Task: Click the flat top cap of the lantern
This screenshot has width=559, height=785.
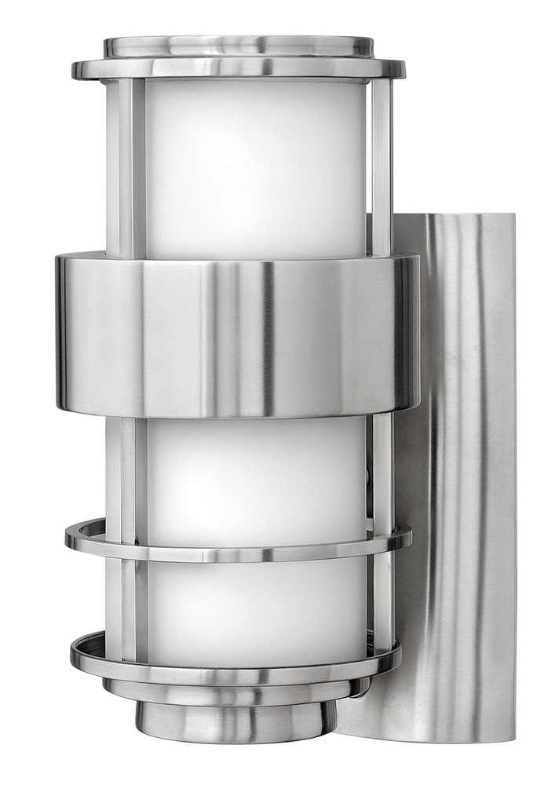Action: pyautogui.click(x=239, y=45)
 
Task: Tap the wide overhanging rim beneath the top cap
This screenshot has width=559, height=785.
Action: pyautogui.click(x=239, y=70)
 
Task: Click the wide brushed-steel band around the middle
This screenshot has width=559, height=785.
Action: pyautogui.click(x=236, y=334)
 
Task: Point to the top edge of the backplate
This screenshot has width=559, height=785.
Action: pyautogui.click(x=455, y=216)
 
